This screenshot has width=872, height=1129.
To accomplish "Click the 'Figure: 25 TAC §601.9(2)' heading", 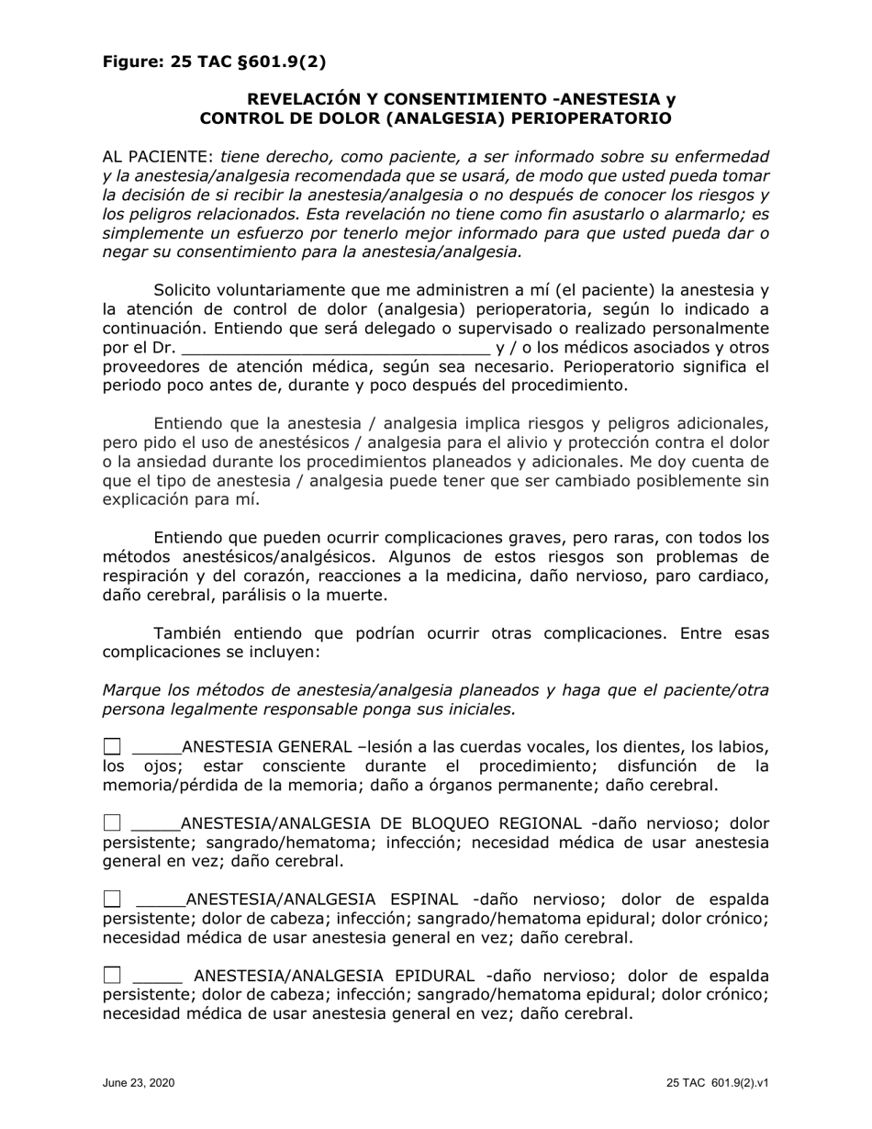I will tap(214, 62).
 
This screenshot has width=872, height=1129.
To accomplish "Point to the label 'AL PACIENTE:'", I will tap(158, 157).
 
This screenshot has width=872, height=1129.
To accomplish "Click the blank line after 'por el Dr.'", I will tap(336, 348).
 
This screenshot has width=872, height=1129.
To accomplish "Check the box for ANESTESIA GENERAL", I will tap(111, 747).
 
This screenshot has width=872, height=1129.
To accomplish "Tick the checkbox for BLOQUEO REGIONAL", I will tap(111, 823).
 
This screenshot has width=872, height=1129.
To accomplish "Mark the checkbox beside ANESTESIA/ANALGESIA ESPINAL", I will tap(111, 900).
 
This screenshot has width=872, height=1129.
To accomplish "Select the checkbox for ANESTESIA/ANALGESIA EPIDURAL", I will tap(111, 976).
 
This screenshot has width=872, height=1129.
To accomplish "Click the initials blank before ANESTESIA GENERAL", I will tap(157, 748).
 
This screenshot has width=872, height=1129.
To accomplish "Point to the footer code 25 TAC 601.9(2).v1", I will tap(718, 1083).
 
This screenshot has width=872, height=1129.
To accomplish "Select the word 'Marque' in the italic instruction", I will tap(130, 690).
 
